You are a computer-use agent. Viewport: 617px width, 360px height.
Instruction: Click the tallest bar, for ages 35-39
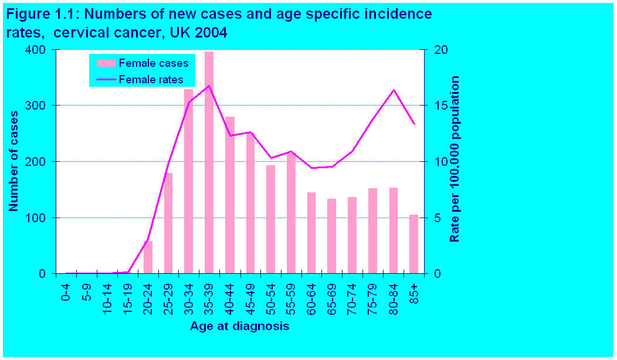coord(209,164)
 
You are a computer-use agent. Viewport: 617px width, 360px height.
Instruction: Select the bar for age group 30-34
coord(188,182)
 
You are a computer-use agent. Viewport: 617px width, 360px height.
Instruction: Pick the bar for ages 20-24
coord(148,257)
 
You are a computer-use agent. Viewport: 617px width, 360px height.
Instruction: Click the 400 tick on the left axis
coord(36,50)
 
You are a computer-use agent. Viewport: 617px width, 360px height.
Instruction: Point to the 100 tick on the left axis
coord(36,218)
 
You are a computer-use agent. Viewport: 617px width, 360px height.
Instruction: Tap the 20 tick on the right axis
coord(440,50)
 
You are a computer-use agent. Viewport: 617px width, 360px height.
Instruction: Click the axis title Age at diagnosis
coord(239,326)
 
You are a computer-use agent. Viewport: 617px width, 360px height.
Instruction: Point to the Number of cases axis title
coord(13,161)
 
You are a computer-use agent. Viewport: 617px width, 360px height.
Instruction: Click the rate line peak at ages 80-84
coord(394,90)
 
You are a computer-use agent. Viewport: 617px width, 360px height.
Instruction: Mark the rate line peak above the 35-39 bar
coord(209,86)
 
